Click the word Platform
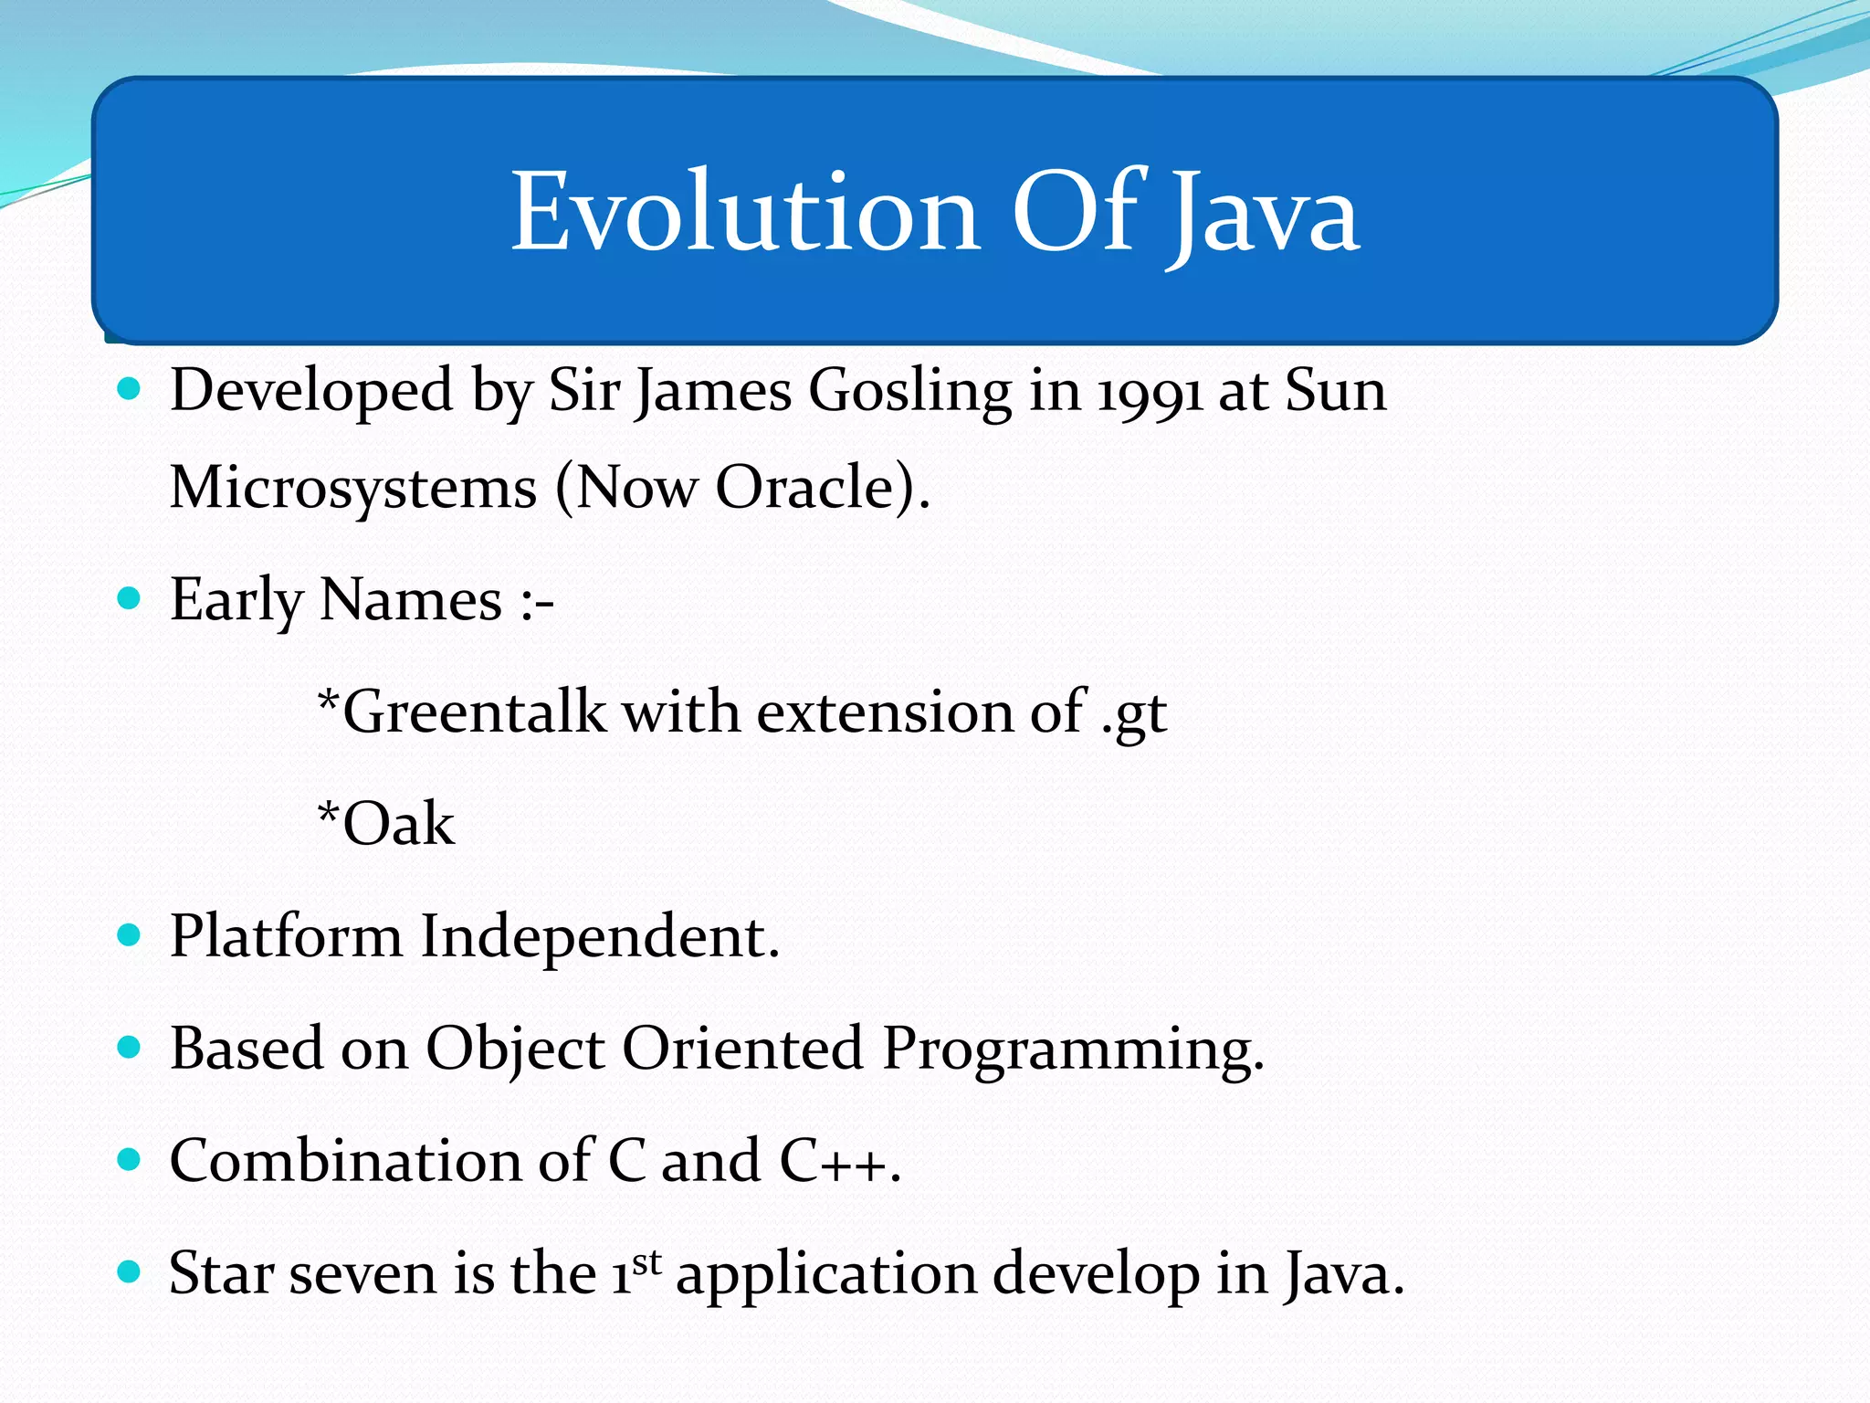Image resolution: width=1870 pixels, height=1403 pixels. coord(286,937)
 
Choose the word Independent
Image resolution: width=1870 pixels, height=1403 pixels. coord(598,937)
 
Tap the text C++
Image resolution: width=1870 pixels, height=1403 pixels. coord(833,1162)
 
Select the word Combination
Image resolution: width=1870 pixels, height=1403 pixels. coord(345,1162)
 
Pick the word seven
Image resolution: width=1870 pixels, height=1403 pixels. coord(362,1275)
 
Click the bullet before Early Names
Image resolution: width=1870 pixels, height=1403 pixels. coord(130,599)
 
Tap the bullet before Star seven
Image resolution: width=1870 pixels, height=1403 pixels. coord(130,1272)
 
